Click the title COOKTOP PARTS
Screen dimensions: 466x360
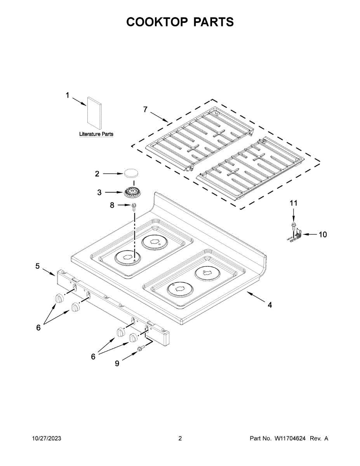click(180, 22)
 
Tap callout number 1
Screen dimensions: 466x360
click(67, 95)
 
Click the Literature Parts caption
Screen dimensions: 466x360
click(96, 134)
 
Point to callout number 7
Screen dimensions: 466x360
click(145, 110)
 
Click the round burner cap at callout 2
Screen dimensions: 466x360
click(132, 173)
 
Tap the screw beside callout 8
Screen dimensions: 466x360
click(134, 206)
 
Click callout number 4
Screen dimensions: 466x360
click(270, 305)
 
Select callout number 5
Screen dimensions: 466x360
click(38, 266)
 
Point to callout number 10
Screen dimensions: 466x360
click(323, 235)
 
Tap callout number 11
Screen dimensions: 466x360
click(294, 203)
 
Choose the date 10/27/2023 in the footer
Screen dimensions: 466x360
click(46, 438)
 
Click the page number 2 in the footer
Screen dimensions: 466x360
click(180, 438)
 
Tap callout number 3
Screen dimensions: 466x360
click(99, 192)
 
